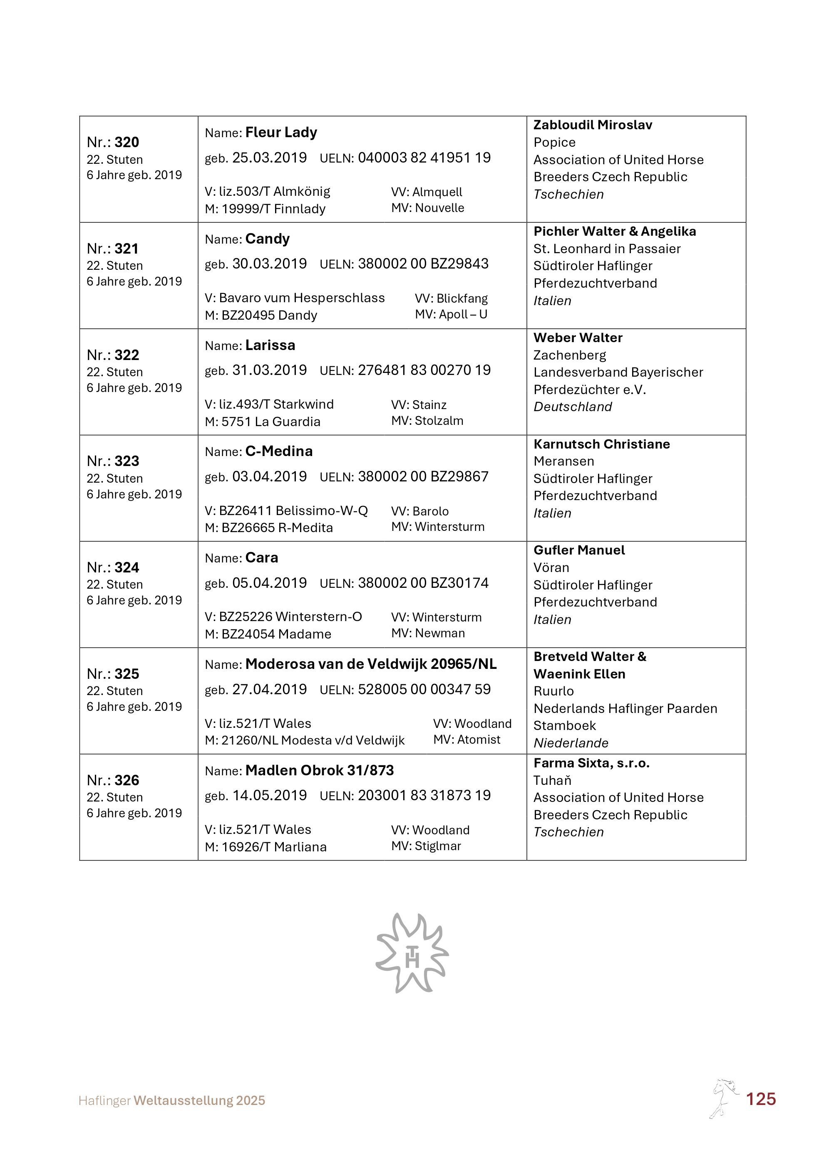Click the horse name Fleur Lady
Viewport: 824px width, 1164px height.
click(x=281, y=133)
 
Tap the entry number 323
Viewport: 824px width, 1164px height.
click(x=127, y=461)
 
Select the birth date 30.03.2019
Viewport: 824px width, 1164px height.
click(x=269, y=264)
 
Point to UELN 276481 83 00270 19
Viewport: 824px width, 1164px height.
click(x=424, y=370)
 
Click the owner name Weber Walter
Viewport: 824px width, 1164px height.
click(x=578, y=338)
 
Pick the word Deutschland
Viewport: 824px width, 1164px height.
click(x=572, y=407)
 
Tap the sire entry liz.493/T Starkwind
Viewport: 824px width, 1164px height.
click(x=276, y=404)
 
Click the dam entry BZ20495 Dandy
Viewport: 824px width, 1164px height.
click(x=269, y=316)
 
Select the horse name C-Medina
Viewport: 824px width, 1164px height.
click(x=279, y=452)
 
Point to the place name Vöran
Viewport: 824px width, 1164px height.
click(x=551, y=568)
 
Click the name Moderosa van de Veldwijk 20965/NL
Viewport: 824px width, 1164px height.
click(x=371, y=664)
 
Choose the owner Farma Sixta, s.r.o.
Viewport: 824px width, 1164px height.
click(x=591, y=764)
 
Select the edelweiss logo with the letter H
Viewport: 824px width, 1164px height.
click(x=412, y=954)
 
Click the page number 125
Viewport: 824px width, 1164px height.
click(x=761, y=1099)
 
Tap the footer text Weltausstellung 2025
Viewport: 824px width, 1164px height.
click(x=199, y=1101)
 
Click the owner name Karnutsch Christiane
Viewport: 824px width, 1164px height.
click(x=601, y=445)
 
